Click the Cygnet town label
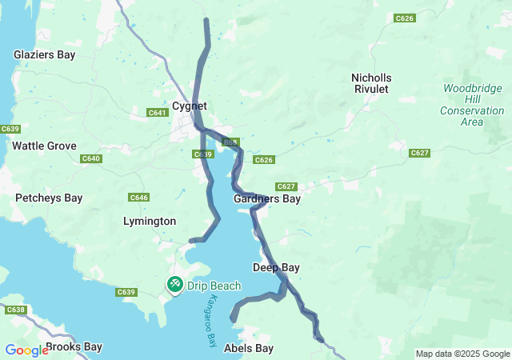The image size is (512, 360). tap(189, 106)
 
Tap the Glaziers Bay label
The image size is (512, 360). tap(44, 54)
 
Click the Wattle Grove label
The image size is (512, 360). tap(44, 146)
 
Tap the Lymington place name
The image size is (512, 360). tap(150, 221)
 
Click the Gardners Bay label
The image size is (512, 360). tap(267, 198)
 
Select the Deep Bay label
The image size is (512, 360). tap(276, 267)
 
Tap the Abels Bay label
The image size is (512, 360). tap(249, 348)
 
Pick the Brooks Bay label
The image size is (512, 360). tap(74, 347)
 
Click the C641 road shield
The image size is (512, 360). tap(157, 113)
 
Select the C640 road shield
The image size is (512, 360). tap(91, 158)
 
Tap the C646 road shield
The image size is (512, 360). tap(138, 197)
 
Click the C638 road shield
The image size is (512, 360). tap(14, 310)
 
